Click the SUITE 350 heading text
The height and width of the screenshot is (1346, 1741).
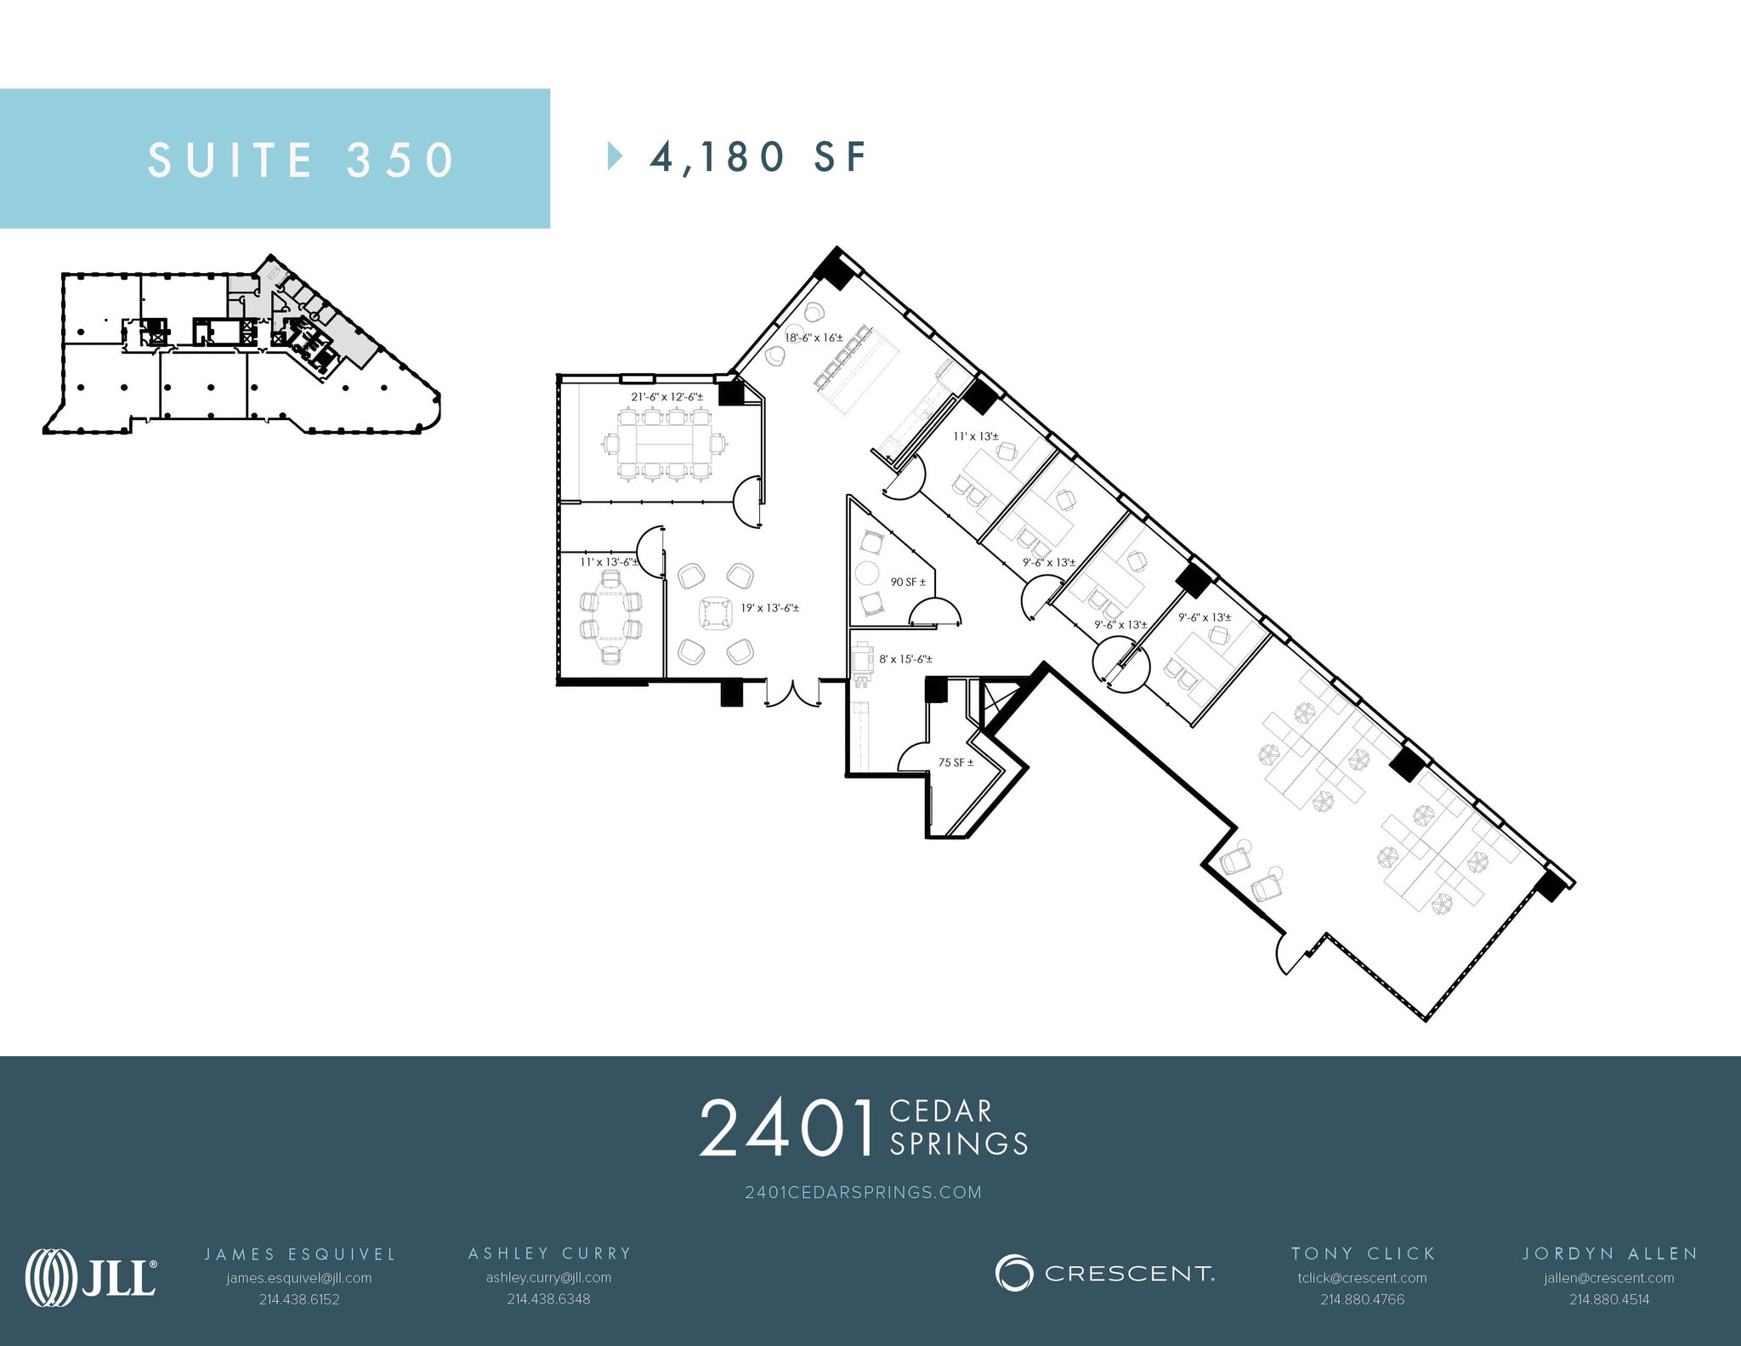302,160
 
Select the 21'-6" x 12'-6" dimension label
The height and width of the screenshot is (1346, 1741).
666,397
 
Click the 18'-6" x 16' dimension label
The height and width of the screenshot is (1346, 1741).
814,338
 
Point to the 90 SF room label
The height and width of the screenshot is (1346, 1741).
908,582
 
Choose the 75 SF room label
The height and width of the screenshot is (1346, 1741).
956,763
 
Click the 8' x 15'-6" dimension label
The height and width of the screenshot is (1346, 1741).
905,659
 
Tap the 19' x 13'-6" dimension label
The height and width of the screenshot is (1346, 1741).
769,608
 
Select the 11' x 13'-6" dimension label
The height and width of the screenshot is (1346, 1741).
610,562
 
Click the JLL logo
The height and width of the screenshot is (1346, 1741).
91,1277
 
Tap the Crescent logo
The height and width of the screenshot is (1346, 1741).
1104,1273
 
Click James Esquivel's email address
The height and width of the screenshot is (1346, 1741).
299,1278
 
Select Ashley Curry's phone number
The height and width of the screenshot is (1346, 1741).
548,1299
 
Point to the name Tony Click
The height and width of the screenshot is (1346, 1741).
1363,1253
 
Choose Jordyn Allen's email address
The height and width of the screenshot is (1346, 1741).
1609,1278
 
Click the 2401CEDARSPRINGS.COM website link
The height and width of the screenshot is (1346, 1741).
863,1192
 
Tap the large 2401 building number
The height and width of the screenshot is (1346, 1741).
786,1128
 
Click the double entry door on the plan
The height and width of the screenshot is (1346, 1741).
792,692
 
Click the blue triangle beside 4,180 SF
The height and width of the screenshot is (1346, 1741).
615,156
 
